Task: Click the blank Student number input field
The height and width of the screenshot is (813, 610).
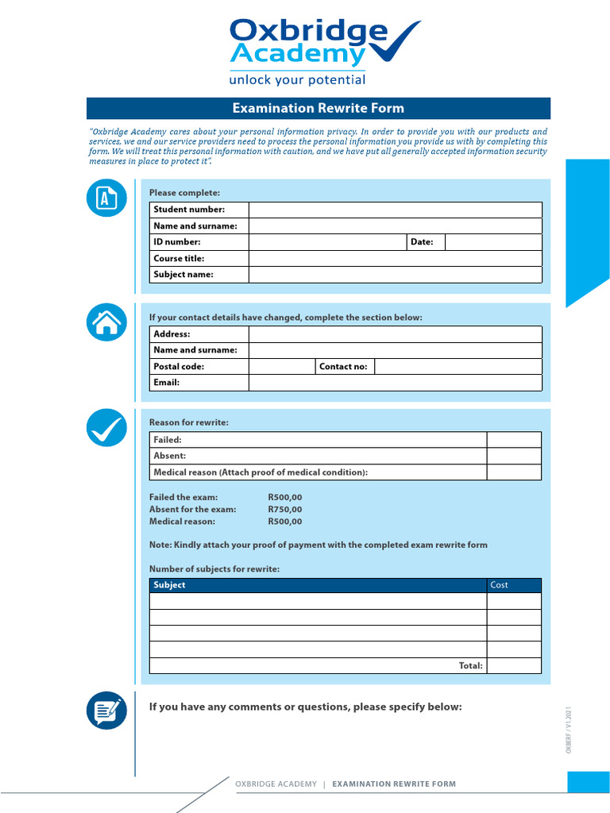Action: point(395,210)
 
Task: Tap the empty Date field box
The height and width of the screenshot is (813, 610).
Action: point(493,242)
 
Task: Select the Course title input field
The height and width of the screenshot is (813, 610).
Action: point(395,258)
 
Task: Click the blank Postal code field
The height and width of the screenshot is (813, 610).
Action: point(282,367)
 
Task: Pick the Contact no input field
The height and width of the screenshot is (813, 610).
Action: point(457,367)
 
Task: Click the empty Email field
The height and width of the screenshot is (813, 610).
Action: point(395,383)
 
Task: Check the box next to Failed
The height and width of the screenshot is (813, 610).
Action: point(514,440)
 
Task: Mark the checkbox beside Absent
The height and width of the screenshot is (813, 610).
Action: point(514,456)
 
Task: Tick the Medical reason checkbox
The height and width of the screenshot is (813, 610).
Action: point(514,472)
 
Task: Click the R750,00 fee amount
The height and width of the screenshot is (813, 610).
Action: point(285,510)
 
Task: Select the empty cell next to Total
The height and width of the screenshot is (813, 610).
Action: point(514,665)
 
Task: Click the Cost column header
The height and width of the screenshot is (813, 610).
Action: point(514,585)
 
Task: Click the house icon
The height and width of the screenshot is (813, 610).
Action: point(106,322)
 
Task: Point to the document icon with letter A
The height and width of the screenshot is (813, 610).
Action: point(106,198)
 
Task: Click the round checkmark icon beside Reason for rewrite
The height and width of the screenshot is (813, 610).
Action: point(106,429)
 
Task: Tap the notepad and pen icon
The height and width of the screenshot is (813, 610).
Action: point(106,710)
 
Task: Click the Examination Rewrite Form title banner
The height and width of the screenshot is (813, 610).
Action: point(318,109)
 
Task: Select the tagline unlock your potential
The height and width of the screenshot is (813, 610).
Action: point(297,80)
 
